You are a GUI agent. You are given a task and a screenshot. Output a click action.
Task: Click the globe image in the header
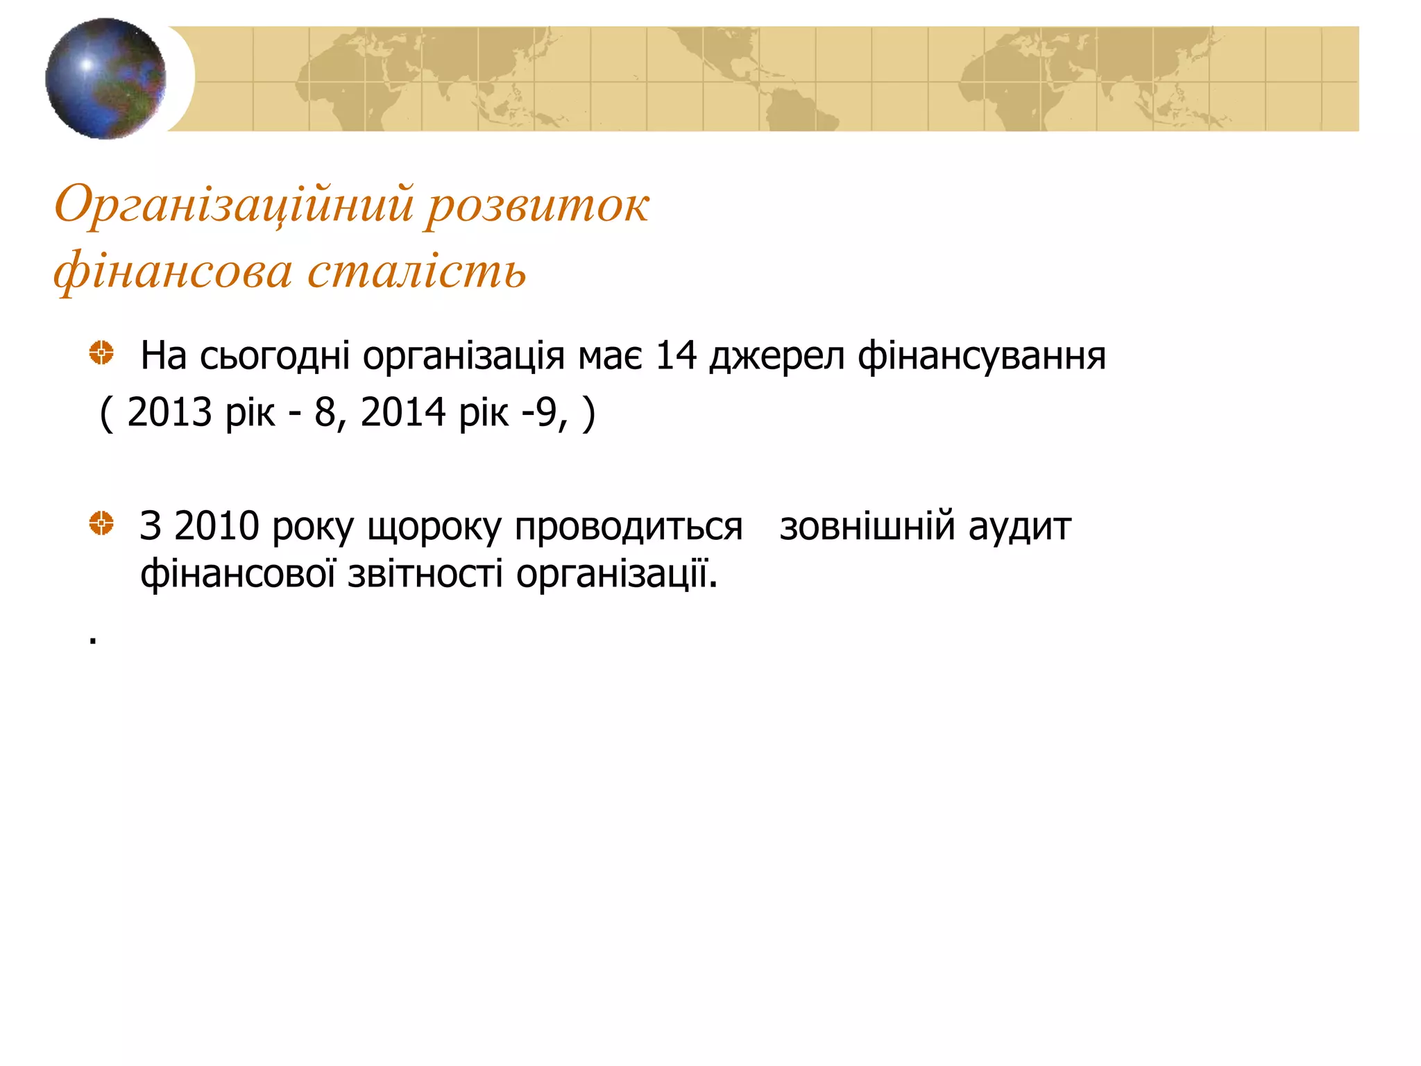pos(105,78)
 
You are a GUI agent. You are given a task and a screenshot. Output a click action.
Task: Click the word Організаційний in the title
pos(234,205)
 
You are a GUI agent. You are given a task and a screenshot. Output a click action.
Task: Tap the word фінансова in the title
pos(173,271)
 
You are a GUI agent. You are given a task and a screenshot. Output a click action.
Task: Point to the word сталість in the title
pos(416,271)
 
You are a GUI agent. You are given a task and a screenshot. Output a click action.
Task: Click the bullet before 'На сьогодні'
pos(101,353)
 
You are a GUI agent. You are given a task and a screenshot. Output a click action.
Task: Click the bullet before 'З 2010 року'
pos(101,523)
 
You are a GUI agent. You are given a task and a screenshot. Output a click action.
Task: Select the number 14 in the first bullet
pos(675,355)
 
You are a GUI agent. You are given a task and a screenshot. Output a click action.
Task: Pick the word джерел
pos(776,357)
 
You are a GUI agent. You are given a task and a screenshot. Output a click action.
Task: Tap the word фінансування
pos(981,357)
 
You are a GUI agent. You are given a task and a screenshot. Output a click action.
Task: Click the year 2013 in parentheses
pos(169,412)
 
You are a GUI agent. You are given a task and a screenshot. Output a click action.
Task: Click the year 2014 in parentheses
pos(402,412)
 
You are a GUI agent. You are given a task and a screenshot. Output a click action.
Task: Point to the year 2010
pos(216,526)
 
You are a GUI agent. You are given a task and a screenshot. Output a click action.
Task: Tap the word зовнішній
pos(868,526)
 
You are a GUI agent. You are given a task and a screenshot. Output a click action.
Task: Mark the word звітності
pos(425,575)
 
